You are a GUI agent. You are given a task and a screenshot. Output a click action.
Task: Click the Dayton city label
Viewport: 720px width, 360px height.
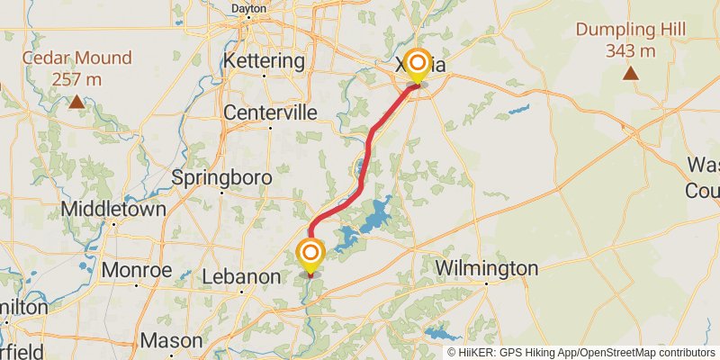(x=249, y=8)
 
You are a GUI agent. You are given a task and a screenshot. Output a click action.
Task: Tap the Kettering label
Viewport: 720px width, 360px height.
(x=264, y=61)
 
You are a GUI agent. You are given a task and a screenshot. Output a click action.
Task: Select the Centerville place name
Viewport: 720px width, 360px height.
(x=270, y=112)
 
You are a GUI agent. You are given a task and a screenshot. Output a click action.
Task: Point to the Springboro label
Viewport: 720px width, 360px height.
(x=221, y=177)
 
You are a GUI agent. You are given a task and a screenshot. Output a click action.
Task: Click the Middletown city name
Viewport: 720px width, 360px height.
(x=113, y=209)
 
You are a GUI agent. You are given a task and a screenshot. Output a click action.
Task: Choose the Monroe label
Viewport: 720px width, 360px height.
(x=137, y=269)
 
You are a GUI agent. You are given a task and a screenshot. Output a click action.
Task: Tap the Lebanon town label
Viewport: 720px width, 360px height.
(x=240, y=276)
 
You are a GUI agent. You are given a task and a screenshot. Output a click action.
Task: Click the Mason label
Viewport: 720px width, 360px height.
(x=171, y=341)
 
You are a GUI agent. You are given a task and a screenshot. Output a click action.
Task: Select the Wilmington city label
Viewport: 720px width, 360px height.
(x=486, y=268)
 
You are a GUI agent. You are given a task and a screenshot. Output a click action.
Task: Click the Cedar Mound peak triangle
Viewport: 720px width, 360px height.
(x=77, y=103)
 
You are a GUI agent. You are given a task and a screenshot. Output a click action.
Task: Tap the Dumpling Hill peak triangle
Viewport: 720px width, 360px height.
(x=631, y=73)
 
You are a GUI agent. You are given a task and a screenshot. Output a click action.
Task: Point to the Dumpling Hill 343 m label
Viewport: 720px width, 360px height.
(x=631, y=40)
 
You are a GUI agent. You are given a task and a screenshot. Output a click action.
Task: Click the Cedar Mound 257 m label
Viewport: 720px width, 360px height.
(x=77, y=68)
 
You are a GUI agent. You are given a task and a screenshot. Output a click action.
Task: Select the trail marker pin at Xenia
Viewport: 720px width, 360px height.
(x=417, y=65)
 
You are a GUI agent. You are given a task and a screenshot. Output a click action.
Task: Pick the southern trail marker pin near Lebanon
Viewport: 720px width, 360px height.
(x=310, y=256)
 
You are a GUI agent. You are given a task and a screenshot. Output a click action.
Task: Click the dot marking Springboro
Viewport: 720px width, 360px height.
(x=221, y=193)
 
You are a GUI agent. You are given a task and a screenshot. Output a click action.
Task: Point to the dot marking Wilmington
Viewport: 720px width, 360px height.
(x=486, y=283)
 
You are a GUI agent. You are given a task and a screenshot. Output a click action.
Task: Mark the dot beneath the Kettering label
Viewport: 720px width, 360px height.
(x=264, y=76)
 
